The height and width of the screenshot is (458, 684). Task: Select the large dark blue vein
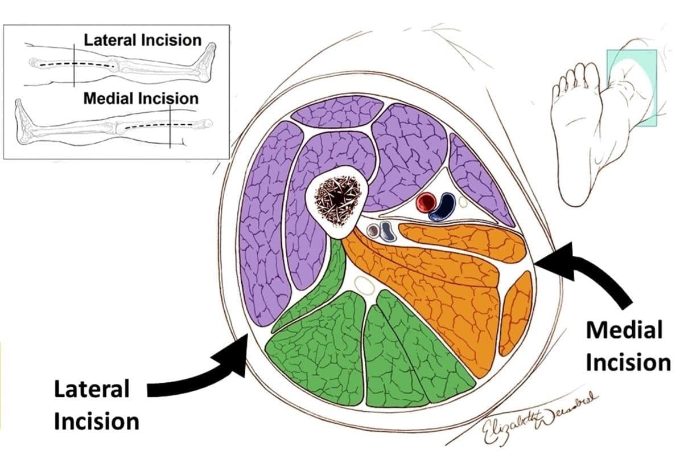click(x=443, y=207)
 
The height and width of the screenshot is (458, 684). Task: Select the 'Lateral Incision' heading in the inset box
click(x=142, y=40)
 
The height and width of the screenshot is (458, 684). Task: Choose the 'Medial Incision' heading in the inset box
click(x=141, y=98)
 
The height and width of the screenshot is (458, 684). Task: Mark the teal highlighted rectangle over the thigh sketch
click(x=632, y=87)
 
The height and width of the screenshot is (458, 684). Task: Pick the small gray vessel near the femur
click(x=374, y=231)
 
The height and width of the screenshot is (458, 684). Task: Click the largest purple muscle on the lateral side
click(x=263, y=222)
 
